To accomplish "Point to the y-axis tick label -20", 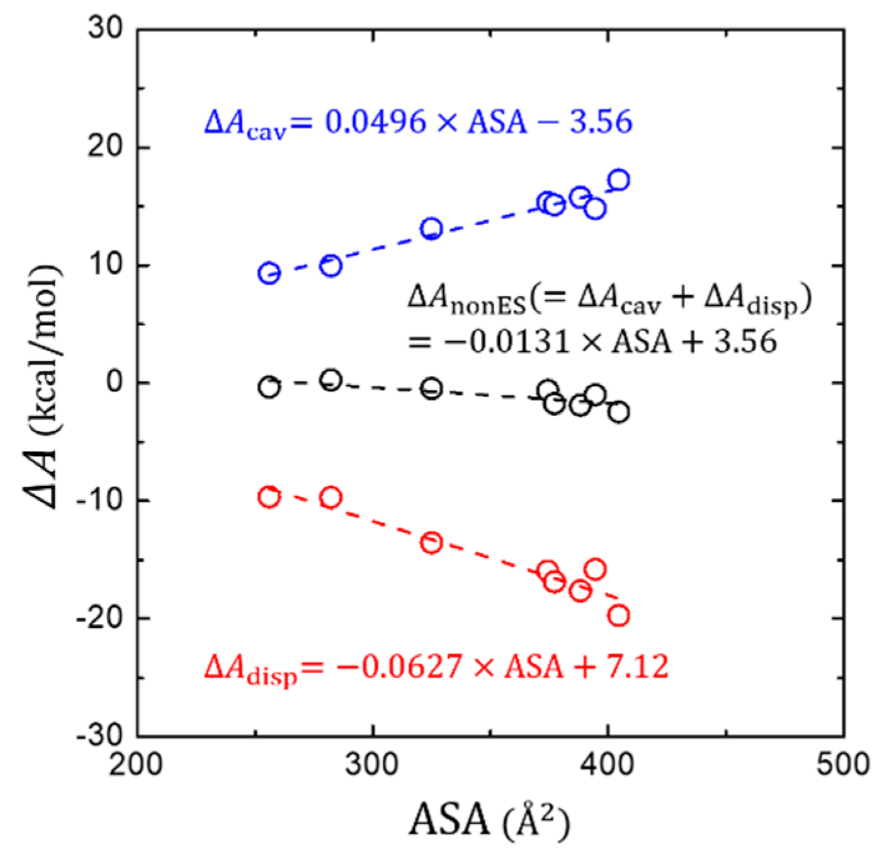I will tap(99, 618).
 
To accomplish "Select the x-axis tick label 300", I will tap(373, 763).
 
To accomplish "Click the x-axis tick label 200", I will tap(137, 763).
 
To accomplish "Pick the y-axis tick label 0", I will tap(115, 382).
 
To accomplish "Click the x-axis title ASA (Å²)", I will tap(489, 819).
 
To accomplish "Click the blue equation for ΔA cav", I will tap(418, 122).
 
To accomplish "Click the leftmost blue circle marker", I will tap(269, 273).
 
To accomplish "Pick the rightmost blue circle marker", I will tap(618, 180).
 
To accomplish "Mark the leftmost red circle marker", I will tap(269, 497).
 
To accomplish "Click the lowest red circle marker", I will tap(618, 616).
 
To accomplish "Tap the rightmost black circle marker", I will tap(618, 412).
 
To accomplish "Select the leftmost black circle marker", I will tap(269, 387).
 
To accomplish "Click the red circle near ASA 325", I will tap(431, 543).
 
